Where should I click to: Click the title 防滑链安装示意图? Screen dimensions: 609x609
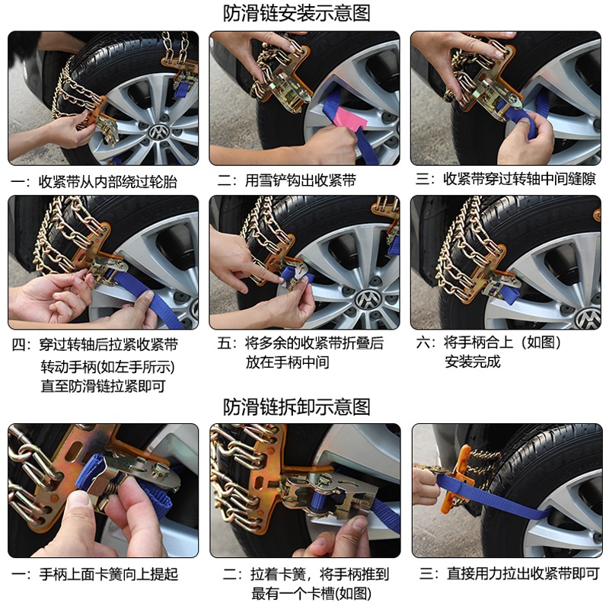tap(296, 13)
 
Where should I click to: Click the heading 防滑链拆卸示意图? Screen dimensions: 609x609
tap(296, 407)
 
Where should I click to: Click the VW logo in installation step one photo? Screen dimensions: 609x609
tap(159, 132)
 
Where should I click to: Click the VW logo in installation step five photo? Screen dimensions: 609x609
tap(367, 300)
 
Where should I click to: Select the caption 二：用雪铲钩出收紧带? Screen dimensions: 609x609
tap(287, 180)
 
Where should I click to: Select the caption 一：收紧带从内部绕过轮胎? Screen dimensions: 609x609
tap(94, 182)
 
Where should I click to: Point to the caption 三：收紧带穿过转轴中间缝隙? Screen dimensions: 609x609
tap(505, 179)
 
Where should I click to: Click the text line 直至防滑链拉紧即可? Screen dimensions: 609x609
tap(104, 386)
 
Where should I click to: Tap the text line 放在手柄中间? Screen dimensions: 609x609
tap(288, 362)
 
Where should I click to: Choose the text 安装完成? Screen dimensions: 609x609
tap(472, 362)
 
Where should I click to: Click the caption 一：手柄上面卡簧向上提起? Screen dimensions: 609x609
tap(94, 574)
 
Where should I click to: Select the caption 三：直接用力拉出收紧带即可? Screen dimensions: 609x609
tap(509, 573)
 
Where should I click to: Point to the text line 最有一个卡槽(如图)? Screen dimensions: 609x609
tap(311, 594)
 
